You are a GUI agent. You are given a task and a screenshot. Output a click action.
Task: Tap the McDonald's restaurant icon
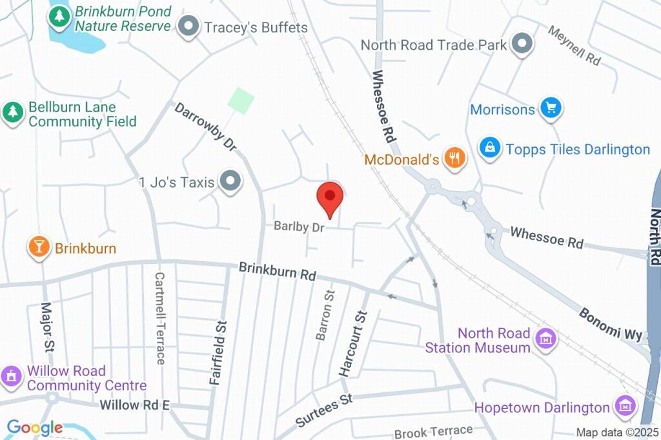click(456, 157)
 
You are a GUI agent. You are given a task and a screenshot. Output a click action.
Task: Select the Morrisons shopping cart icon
click(551, 108)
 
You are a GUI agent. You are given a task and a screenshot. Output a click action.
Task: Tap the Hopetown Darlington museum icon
click(625, 406)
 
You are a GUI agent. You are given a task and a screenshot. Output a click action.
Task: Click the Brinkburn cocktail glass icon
click(39, 246)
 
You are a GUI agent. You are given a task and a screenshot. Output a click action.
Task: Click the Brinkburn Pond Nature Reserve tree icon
click(59, 17)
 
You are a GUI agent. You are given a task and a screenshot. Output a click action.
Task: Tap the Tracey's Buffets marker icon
click(188, 27)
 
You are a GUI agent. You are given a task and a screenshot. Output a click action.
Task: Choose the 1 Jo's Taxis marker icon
click(229, 182)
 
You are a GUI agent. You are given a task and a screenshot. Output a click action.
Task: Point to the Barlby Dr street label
click(298, 226)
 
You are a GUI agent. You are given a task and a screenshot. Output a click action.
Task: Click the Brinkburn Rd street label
click(277, 270)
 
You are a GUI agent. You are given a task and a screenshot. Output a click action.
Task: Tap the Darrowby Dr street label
click(205, 126)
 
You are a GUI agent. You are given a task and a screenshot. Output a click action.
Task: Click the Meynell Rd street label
click(574, 45)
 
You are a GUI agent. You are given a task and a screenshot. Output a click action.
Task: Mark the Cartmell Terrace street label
click(159, 317)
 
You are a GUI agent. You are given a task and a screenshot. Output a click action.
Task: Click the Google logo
click(34, 427)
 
